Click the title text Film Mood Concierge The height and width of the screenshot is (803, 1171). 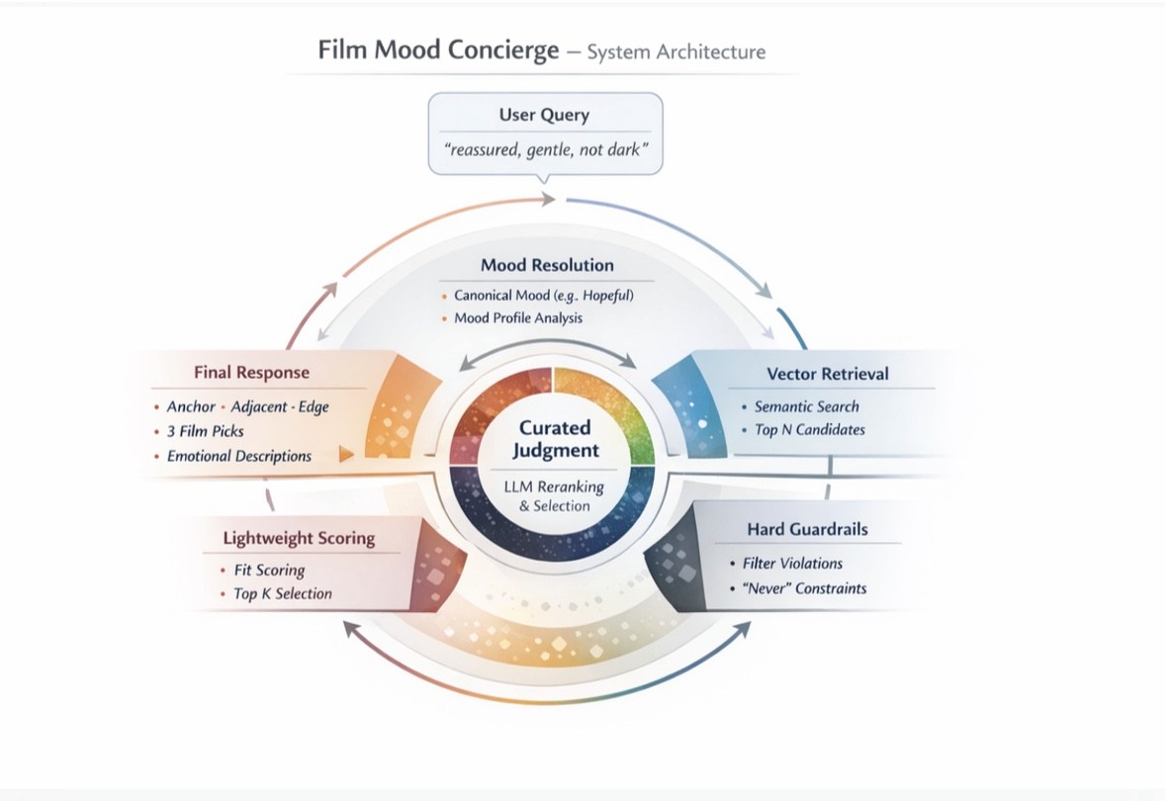click(x=438, y=50)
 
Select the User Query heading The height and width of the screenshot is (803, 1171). click(x=544, y=115)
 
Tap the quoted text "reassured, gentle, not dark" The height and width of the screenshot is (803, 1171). click(x=545, y=151)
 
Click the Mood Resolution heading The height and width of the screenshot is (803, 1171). click(x=547, y=265)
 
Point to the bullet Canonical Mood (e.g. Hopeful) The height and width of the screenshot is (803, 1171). click(x=543, y=295)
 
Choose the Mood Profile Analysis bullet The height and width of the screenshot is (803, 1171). click(x=518, y=318)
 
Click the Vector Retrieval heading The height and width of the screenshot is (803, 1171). click(x=828, y=374)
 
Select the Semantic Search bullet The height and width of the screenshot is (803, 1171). click(x=806, y=406)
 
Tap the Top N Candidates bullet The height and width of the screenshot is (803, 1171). click(x=809, y=430)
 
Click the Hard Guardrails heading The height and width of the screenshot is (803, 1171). click(x=807, y=530)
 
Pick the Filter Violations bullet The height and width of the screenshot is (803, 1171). click(x=792, y=564)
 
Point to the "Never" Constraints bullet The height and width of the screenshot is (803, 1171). click(x=804, y=588)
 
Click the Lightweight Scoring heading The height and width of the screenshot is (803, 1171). click(x=299, y=539)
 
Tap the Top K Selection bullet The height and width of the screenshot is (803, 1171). click(x=282, y=594)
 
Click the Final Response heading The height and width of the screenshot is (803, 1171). click(x=252, y=373)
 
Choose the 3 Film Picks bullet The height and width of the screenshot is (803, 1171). click(x=205, y=431)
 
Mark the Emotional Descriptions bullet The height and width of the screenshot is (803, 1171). click(x=238, y=456)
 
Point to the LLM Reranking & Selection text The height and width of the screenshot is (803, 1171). click(x=554, y=496)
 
